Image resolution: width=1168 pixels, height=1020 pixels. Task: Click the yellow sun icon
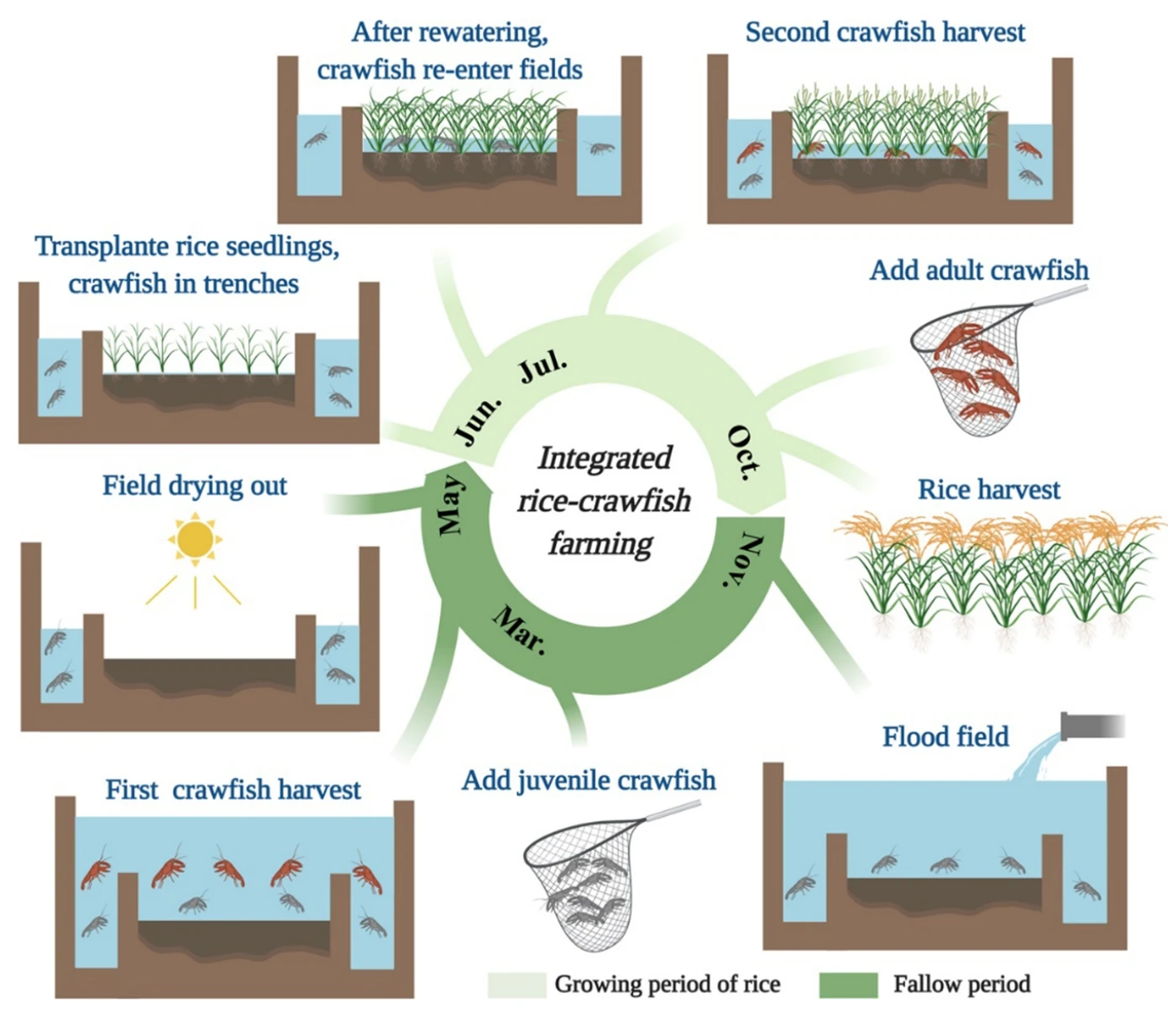pyautogui.click(x=196, y=540)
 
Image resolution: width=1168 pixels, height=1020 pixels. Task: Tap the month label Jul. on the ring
pyautogui.click(x=542, y=366)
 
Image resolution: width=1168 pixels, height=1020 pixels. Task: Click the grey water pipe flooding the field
pyautogui.click(x=1092, y=725)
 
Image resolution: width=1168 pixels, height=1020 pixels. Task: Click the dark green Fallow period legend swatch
pyautogui.click(x=848, y=984)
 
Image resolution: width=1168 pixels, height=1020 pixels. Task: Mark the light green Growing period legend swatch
pyautogui.click(x=517, y=984)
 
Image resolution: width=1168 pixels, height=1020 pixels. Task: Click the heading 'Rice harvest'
pyautogui.click(x=988, y=489)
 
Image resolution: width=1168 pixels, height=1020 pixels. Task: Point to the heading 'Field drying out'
pyautogui.click(x=195, y=485)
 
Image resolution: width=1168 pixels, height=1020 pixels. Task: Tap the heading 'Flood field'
pyautogui.click(x=945, y=736)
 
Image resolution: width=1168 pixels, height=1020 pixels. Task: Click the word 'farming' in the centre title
pyautogui.click(x=601, y=543)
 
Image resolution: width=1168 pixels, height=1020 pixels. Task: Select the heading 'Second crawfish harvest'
pyautogui.click(x=885, y=32)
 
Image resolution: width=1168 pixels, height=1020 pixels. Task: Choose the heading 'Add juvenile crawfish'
pyautogui.click(x=589, y=780)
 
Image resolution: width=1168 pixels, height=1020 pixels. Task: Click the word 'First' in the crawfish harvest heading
pyautogui.click(x=132, y=789)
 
